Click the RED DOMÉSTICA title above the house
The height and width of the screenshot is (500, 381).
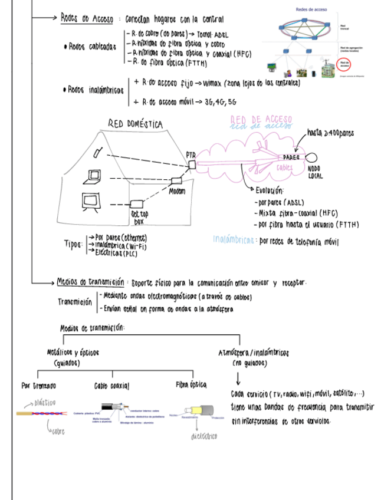(135, 123)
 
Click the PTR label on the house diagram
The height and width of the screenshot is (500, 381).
(190, 154)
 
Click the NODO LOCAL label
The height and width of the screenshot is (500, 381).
(316, 172)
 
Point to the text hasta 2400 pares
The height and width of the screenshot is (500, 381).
(330, 134)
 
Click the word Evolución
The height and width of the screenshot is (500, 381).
(270, 190)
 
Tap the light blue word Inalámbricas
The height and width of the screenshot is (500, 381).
(234, 240)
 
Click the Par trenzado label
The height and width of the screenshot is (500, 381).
(38, 386)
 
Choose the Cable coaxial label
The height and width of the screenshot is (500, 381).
(111, 386)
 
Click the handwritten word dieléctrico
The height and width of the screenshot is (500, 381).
(204, 436)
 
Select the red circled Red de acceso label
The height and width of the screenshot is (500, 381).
(345, 64)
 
